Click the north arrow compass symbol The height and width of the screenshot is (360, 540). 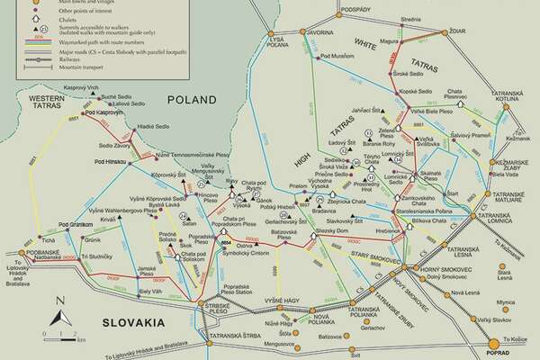58,312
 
